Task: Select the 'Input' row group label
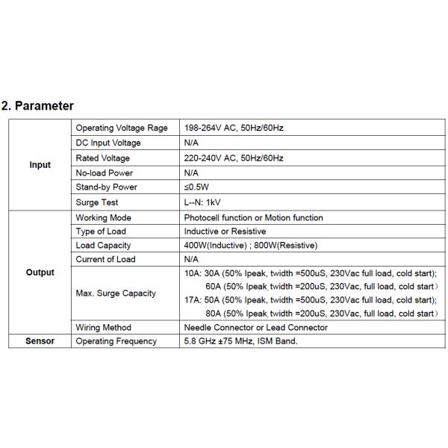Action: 40,165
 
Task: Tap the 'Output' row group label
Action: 40,273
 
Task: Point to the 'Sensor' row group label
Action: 40,341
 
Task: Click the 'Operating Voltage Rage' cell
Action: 122,128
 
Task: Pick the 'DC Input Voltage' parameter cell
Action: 108,143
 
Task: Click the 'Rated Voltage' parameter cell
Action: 103,158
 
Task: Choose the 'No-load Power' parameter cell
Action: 105,172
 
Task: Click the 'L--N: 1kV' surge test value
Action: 202,202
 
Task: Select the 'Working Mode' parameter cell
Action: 104,217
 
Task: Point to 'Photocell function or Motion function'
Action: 254,217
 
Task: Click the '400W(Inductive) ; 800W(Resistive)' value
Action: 251,245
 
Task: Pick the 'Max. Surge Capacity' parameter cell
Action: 116,293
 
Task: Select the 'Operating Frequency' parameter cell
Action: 116,341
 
